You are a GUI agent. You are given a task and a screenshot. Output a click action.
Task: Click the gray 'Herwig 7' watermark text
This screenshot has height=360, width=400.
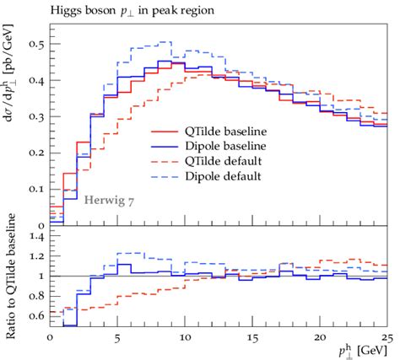click(109, 200)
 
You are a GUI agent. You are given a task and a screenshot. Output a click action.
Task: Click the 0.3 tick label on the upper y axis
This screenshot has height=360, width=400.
click(36, 116)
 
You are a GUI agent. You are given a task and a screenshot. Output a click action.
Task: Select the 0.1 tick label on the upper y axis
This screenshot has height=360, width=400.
click(36, 189)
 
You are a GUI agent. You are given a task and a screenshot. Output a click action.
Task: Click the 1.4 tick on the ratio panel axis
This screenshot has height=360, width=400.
click(36, 238)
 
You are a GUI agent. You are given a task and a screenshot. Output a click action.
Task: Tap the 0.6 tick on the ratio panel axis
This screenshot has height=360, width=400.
click(36, 315)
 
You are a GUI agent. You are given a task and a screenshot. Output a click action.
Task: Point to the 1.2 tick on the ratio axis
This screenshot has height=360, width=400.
click(36, 257)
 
